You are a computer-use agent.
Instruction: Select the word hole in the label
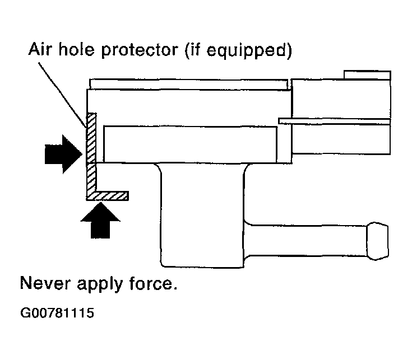click(76, 49)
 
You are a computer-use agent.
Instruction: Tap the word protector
click(140, 50)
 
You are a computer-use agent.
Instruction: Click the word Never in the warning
click(45, 283)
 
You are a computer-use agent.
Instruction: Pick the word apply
click(100, 284)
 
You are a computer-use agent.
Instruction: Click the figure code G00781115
click(57, 313)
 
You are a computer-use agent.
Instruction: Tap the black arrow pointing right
click(63, 155)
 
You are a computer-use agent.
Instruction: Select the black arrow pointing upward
click(100, 221)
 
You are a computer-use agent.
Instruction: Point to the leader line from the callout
click(63, 95)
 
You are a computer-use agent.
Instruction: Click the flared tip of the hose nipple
click(378, 241)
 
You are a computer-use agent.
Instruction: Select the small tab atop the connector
click(367, 75)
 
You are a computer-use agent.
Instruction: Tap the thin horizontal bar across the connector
click(334, 121)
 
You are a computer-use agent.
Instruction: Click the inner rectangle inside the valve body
click(190, 144)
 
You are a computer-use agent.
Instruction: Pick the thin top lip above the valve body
click(188, 84)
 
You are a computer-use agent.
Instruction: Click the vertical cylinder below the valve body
click(202, 215)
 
